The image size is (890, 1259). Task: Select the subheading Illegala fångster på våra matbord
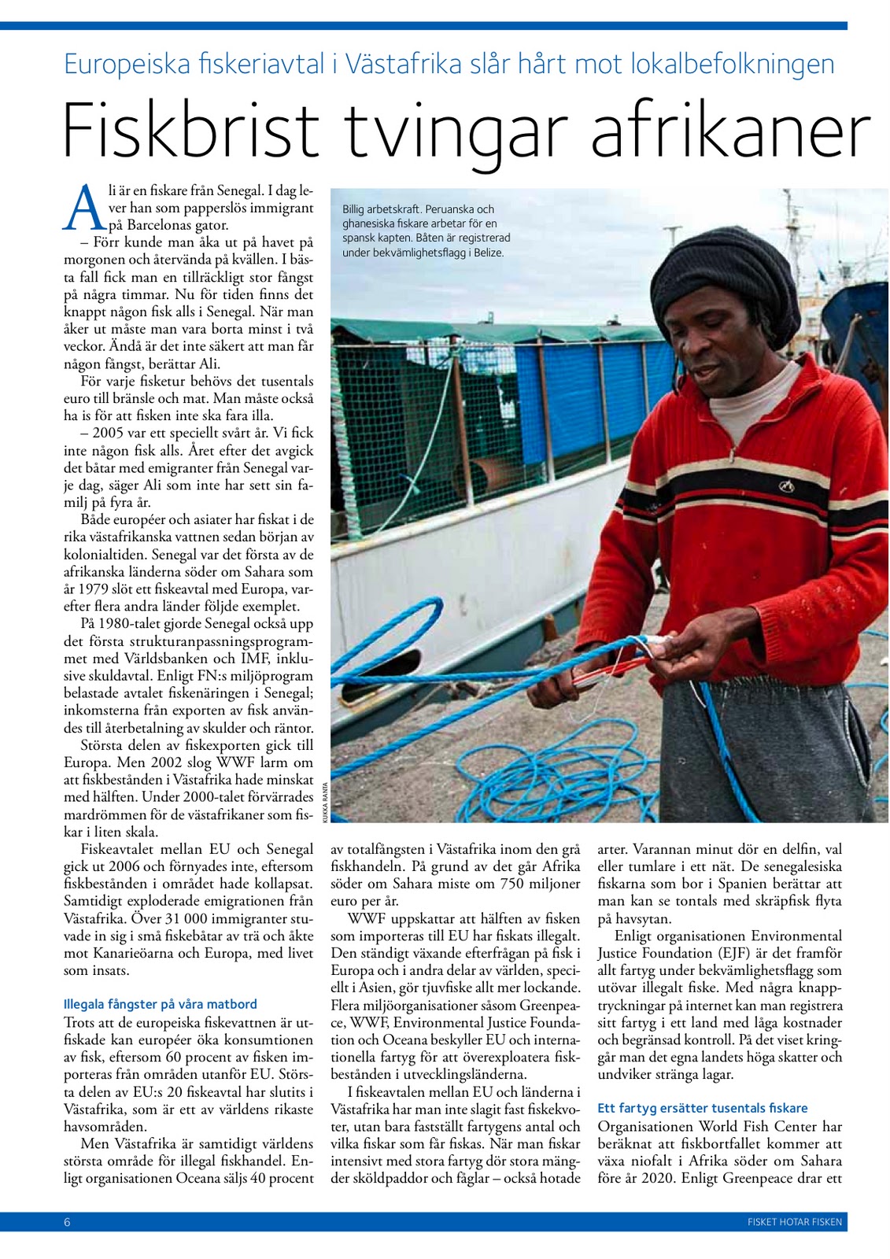160,1004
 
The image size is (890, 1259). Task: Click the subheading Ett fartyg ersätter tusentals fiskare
702,1108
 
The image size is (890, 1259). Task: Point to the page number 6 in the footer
68,1222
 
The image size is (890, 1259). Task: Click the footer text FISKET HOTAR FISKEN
794,1222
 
